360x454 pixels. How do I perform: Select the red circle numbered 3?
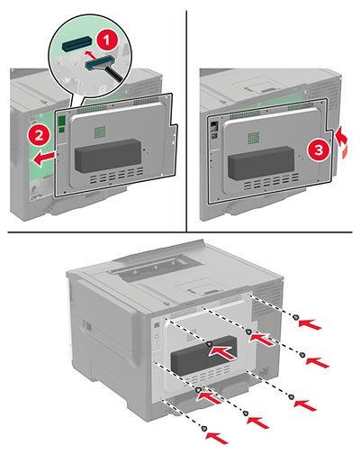(319, 150)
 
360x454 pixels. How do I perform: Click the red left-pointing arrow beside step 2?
(44, 159)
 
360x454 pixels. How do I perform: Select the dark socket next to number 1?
(77, 42)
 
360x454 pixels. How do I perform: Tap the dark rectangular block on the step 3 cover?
(261, 162)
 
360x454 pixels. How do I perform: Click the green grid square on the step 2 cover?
(100, 132)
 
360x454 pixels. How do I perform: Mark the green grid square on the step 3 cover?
(255, 138)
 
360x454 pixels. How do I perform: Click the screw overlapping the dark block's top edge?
(210, 344)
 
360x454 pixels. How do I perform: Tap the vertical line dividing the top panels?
(186, 121)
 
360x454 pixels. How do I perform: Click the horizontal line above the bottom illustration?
(180, 232)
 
